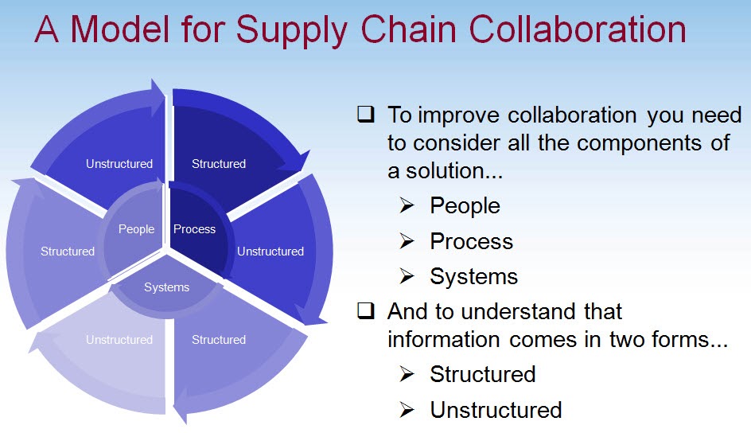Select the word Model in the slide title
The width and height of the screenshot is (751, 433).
click(x=123, y=29)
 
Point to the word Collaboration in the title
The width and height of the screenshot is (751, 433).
click(x=578, y=29)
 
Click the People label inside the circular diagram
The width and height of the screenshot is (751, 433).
click(x=136, y=229)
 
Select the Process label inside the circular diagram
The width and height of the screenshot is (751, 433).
click(x=194, y=229)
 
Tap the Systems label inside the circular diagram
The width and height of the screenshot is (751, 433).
click(x=166, y=287)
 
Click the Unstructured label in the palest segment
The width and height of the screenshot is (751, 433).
click(x=119, y=340)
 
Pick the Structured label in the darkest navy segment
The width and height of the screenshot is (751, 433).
click(x=219, y=164)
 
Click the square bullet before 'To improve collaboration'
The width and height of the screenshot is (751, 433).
click(x=366, y=115)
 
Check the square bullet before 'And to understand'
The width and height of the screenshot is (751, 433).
click(x=366, y=311)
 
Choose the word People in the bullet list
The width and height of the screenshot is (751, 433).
click(x=465, y=205)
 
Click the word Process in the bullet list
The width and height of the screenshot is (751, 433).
click(x=471, y=241)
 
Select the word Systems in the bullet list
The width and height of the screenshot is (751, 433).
click(x=473, y=276)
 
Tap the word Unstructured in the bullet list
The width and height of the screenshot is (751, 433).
click(x=496, y=410)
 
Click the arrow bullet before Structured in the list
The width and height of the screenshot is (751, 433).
click(x=407, y=374)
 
